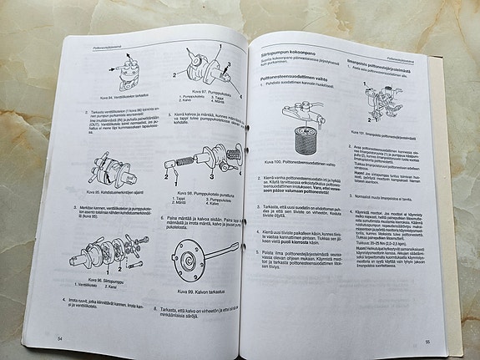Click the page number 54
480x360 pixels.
[x=60, y=337]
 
